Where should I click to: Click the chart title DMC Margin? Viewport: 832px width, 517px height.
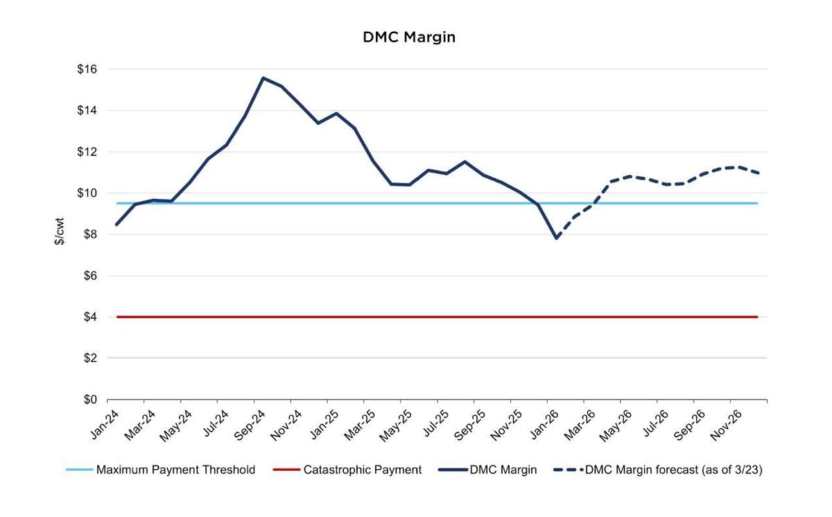click(409, 37)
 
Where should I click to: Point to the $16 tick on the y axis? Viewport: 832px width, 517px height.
click(88, 69)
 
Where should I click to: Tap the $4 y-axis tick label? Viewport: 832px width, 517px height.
click(90, 317)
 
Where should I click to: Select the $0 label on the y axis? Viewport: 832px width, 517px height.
click(90, 400)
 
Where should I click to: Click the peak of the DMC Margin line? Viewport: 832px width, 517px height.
click(263, 78)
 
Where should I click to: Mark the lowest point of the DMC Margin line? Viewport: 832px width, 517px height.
click(556, 238)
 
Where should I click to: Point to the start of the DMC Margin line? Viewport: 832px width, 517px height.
click(116, 225)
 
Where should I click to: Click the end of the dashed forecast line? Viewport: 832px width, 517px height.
click(759, 173)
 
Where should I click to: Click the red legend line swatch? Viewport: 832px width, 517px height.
click(286, 470)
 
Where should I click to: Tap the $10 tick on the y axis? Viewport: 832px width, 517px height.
click(88, 193)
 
